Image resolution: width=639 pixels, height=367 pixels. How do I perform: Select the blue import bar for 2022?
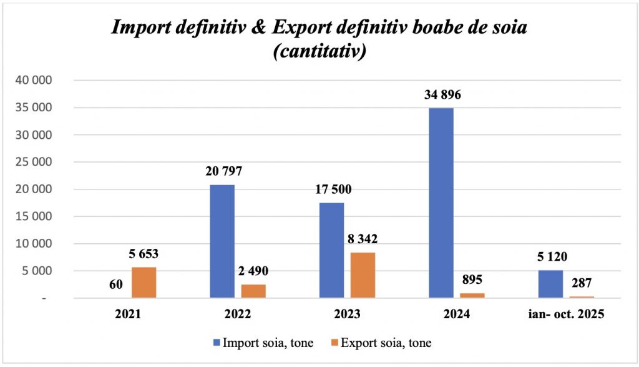[222, 241]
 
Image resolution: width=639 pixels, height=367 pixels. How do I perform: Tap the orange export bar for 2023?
[363, 275]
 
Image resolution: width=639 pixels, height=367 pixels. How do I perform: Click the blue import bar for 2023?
[331, 250]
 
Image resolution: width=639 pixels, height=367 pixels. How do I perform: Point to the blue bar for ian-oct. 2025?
[550, 284]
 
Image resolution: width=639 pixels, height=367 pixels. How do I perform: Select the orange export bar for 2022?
[253, 291]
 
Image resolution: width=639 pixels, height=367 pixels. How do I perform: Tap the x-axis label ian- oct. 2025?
[565, 315]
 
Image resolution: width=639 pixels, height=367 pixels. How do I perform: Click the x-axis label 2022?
[238, 315]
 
